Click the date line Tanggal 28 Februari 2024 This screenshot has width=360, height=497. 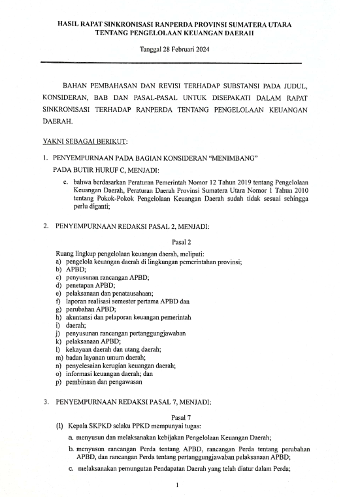pyautogui.click(x=180, y=49)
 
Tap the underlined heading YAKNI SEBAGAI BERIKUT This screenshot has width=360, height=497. pyautogui.click(x=85, y=141)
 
